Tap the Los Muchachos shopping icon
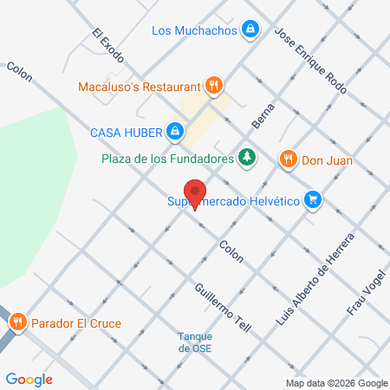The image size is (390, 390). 250,29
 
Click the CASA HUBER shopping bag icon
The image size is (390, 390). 175,132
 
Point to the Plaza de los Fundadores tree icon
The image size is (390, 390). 249,158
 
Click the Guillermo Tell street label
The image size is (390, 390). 223,308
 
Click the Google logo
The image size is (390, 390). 29,379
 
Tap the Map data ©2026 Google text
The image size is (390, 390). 337,383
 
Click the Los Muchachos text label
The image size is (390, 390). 194,30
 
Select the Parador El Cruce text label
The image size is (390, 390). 76,324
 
